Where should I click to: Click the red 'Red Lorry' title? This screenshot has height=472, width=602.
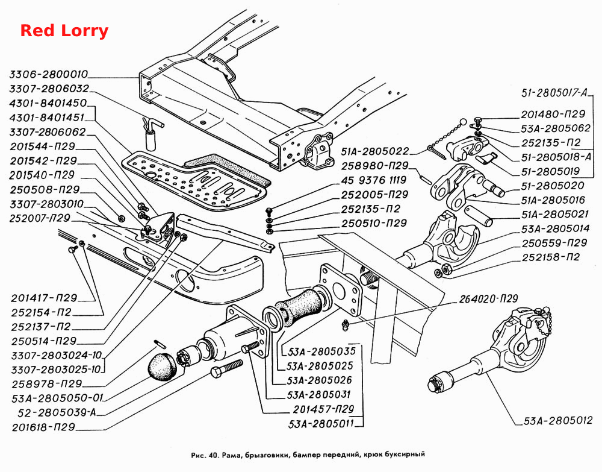(64, 31)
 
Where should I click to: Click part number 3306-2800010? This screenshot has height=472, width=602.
(49, 74)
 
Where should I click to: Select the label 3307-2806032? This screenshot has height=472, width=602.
(49, 89)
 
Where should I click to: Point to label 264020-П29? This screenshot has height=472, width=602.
(489, 298)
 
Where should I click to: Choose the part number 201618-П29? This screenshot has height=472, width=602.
(43, 427)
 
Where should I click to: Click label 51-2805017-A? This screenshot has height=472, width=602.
(554, 93)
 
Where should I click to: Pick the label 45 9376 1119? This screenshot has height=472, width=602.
(374, 180)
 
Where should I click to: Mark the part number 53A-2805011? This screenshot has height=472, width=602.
(321, 424)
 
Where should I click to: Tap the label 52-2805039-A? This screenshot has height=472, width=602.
(57, 412)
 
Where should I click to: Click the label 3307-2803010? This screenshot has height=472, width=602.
(46, 204)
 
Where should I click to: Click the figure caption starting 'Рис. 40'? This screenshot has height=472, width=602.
(308, 455)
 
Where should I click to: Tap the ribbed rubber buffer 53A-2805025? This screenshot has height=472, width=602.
(303, 307)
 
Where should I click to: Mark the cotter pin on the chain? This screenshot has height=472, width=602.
(436, 152)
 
